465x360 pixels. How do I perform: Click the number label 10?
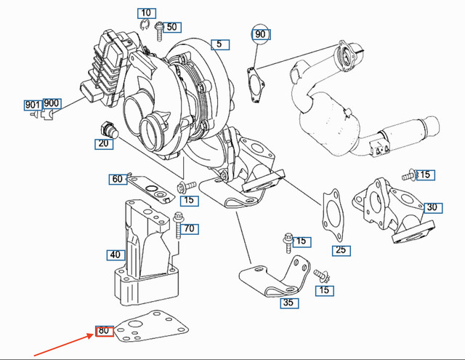tap(147, 13)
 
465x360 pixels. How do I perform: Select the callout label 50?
tap(171, 28)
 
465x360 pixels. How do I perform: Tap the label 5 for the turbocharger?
tap(219, 44)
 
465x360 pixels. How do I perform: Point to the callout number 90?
tap(260, 34)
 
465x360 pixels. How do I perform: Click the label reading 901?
tap(33, 105)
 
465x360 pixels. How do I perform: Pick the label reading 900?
tap(52, 103)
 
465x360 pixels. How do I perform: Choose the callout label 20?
tap(103, 144)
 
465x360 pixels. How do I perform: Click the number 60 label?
tap(118, 179)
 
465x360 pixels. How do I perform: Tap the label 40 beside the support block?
tap(115, 255)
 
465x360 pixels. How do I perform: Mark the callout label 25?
tap(340, 251)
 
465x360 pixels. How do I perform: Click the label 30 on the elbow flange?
tap(432, 207)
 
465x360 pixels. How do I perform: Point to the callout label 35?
tap(288, 303)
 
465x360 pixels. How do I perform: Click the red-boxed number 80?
tap(104, 332)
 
